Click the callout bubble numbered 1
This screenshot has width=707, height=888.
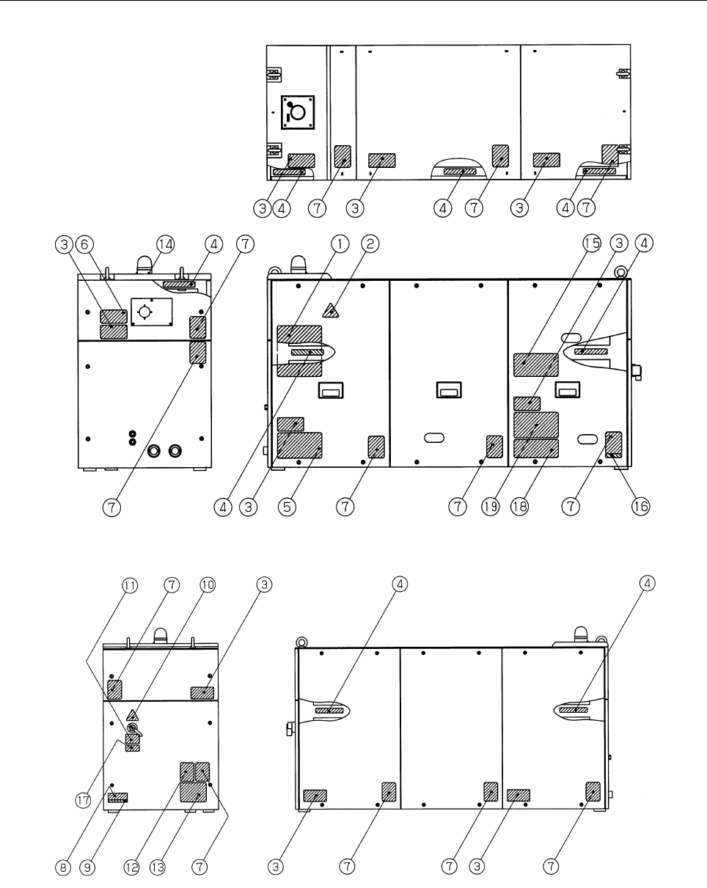[x=340, y=244]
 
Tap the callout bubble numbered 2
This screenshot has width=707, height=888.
[x=370, y=244]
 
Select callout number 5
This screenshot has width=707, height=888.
[x=287, y=507]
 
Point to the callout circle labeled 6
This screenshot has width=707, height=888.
[x=84, y=244]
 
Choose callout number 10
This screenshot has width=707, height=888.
[x=208, y=584]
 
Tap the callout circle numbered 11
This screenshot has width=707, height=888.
[x=130, y=586]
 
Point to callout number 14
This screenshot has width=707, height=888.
[x=166, y=244]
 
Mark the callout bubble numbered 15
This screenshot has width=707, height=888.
[x=591, y=243]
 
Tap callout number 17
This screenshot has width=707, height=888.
[x=84, y=801]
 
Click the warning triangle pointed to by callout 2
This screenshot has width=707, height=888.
[x=331, y=311]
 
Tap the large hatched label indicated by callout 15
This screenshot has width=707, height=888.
[x=535, y=364]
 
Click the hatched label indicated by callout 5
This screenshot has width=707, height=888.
[x=300, y=445]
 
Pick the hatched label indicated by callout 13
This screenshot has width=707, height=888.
[x=194, y=792]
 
